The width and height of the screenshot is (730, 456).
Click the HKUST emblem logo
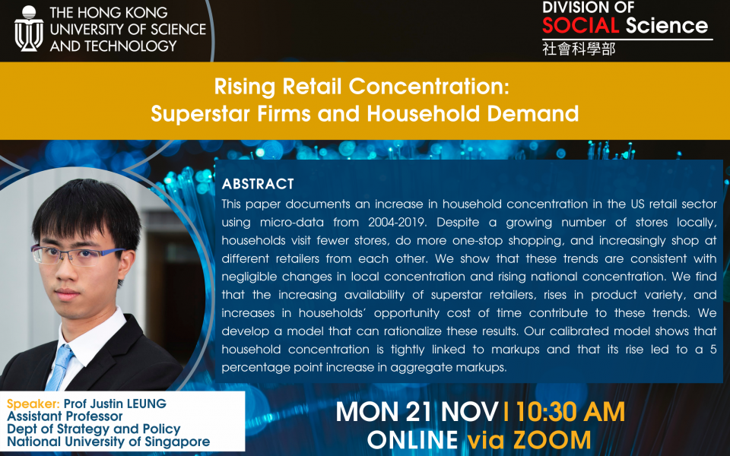pyautogui.click(x=29, y=29)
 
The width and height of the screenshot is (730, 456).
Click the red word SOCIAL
pyautogui.click(x=580, y=25)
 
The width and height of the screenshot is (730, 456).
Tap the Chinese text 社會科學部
pyautogui.click(x=579, y=49)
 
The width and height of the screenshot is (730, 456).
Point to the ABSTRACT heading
pyautogui.click(x=258, y=184)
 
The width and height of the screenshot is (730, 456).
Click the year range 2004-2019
pyautogui.click(x=397, y=222)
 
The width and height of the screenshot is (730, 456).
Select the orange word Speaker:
pyautogui.click(x=33, y=404)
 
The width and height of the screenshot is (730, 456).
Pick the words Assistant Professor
pyautogui.click(x=65, y=416)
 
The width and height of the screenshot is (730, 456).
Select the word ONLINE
pyautogui.click(x=412, y=440)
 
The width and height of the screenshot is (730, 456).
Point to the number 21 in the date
pyautogui.click(x=420, y=412)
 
